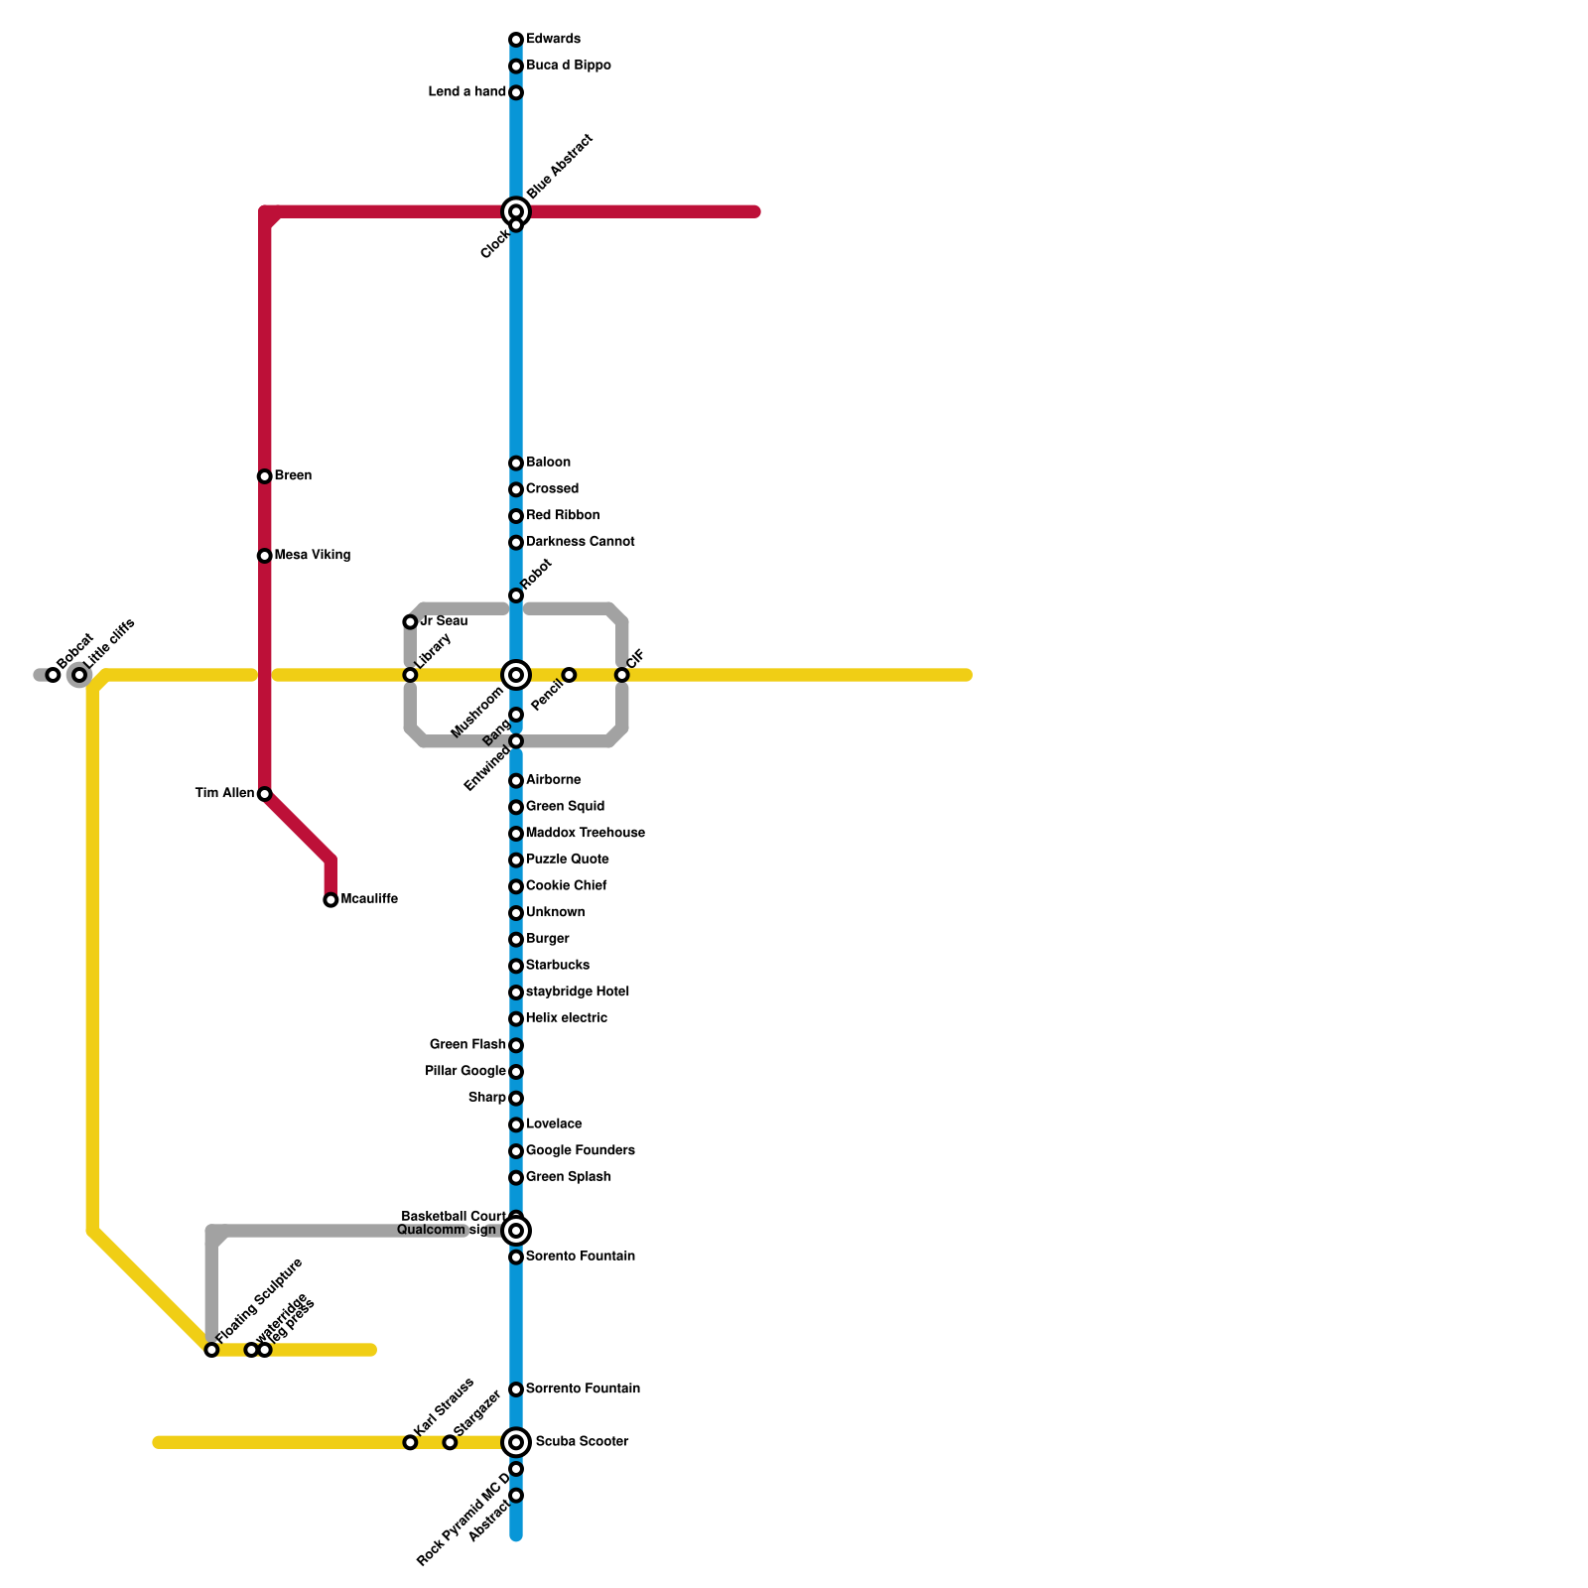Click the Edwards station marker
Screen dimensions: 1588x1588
(x=516, y=40)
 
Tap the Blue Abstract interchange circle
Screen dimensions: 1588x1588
(x=516, y=211)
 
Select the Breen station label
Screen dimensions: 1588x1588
(x=293, y=476)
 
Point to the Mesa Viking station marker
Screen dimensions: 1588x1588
(x=264, y=556)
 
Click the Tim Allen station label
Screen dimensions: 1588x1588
(x=224, y=794)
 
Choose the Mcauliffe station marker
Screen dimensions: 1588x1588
(x=331, y=900)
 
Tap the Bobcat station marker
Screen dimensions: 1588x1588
(x=54, y=675)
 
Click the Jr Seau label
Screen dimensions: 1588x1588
(x=443, y=621)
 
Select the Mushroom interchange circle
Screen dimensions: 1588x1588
(x=516, y=675)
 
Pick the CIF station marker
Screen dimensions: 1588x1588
(x=622, y=675)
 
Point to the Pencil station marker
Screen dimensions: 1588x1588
(x=569, y=675)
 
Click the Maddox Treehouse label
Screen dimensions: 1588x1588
(x=586, y=834)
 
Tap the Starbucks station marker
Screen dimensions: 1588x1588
(x=516, y=966)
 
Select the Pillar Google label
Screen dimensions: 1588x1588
(x=465, y=1072)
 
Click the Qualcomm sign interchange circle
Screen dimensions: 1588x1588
(x=516, y=1231)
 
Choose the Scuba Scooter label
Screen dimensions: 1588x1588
(x=582, y=1442)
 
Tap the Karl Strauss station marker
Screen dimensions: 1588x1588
(x=410, y=1442)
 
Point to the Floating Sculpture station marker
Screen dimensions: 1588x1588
(x=211, y=1350)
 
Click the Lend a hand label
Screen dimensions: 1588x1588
(x=467, y=92)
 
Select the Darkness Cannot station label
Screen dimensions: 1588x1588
(x=581, y=542)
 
